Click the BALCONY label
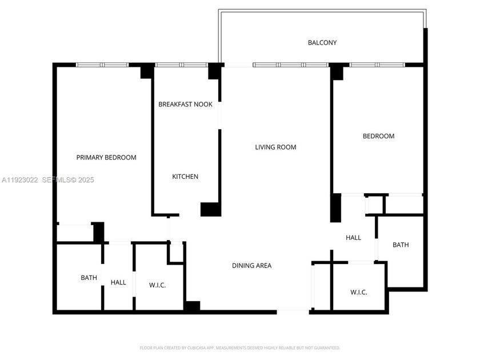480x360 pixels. point(322,43)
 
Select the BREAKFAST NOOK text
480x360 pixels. point(185,105)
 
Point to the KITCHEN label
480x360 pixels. point(185,177)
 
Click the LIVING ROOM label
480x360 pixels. point(275,147)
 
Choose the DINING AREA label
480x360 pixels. point(251,266)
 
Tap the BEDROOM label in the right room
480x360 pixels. point(378,136)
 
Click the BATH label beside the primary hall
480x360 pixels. point(89,278)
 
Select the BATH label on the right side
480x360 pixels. point(401,245)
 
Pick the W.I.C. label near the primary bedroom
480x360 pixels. point(157,285)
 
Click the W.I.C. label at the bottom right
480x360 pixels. point(358,292)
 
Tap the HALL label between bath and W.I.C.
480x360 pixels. point(118,282)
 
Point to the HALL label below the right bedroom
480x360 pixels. point(353,238)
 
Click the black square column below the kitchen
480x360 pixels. point(210,209)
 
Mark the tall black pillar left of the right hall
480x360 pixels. point(336,208)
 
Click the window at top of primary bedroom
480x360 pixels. point(102,65)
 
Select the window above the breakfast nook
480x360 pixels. point(181,65)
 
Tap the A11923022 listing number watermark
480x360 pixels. point(19,180)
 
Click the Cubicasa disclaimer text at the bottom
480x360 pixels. point(240,347)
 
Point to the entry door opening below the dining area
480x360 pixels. point(293,311)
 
